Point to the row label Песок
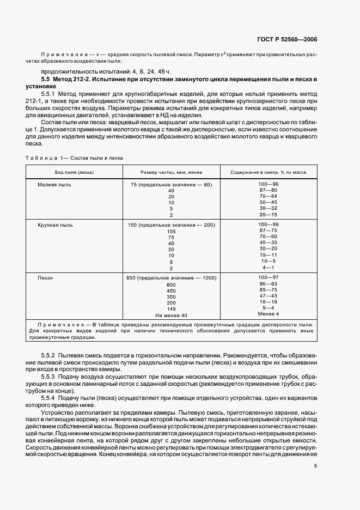[x=45, y=278]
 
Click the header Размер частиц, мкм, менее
[x=171, y=172]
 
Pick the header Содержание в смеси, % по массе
[x=269, y=172]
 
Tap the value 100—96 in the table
[x=269, y=185]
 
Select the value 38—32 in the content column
[x=269, y=208]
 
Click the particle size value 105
[x=171, y=232]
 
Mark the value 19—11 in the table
[x=269, y=254]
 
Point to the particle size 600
[x=171, y=285]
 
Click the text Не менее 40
[x=171, y=315]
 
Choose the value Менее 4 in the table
[x=269, y=314]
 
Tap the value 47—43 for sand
[x=269, y=296]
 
